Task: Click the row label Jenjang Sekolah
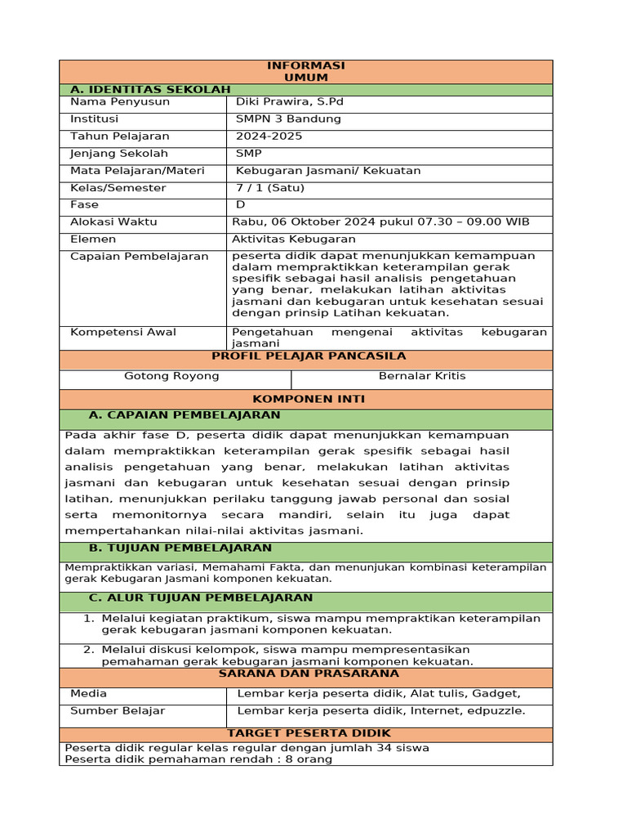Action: point(119,154)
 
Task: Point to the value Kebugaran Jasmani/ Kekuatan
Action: point(328,171)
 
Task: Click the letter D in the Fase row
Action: point(241,205)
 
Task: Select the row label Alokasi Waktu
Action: point(113,222)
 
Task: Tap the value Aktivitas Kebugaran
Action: point(294,239)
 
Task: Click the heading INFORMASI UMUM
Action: point(306,71)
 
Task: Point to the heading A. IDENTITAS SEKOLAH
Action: point(150,90)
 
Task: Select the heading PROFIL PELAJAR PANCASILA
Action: point(309,356)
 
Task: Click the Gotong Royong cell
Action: point(171,376)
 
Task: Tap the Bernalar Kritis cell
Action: point(422,376)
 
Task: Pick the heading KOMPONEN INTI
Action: point(309,399)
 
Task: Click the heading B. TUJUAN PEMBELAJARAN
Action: point(180,548)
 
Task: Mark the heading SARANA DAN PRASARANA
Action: point(309,674)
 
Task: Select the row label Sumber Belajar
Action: point(118,711)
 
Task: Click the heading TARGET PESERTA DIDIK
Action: point(309,733)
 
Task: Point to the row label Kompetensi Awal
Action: point(123,333)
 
